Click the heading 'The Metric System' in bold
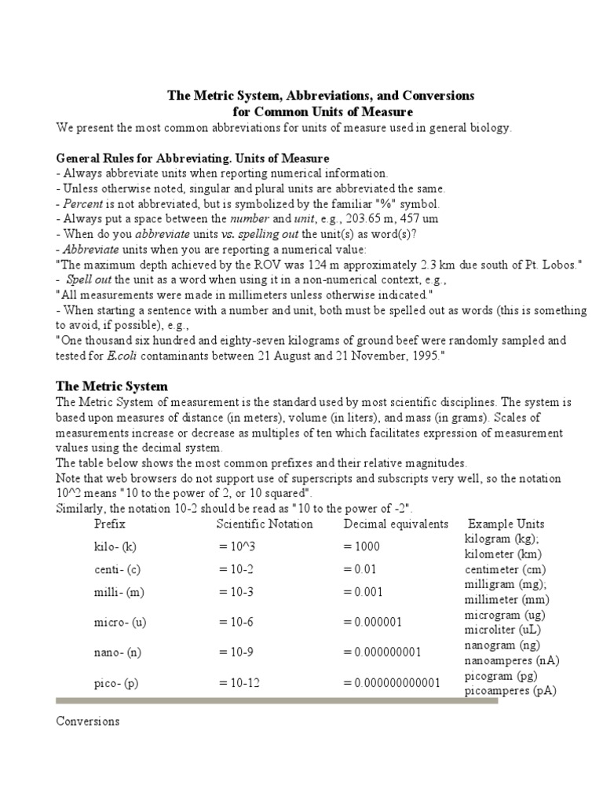(x=111, y=386)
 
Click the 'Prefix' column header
(x=109, y=524)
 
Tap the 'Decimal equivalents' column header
(x=396, y=524)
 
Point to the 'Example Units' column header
(x=506, y=524)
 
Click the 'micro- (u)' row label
(x=120, y=622)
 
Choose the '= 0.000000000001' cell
(x=392, y=683)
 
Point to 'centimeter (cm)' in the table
(x=505, y=569)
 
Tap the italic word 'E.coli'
(x=126, y=356)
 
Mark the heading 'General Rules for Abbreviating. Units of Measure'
(x=193, y=158)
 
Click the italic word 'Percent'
(x=84, y=203)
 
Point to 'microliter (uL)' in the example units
(x=503, y=630)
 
